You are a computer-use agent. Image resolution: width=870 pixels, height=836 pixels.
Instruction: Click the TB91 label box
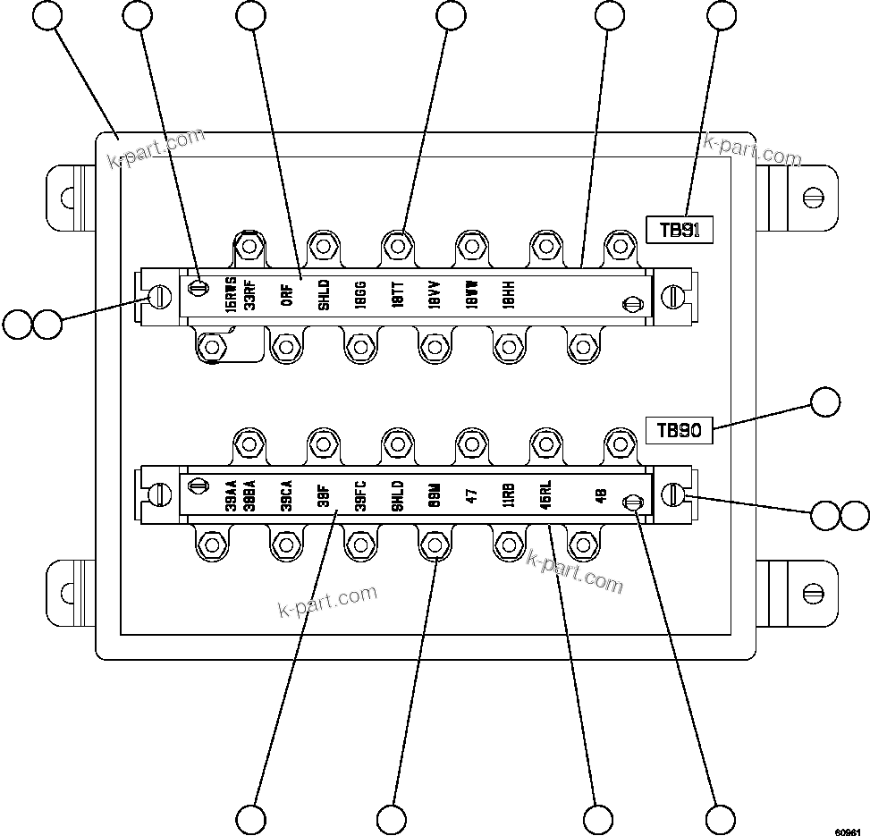[x=679, y=230]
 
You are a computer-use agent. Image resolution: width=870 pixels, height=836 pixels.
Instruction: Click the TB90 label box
[x=679, y=430]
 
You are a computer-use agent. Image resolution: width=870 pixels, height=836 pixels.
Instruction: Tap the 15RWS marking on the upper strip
[x=231, y=293]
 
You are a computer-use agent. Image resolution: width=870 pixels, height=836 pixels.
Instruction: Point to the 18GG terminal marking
[x=360, y=294]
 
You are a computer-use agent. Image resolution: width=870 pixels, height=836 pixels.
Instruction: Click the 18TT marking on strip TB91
[x=397, y=294]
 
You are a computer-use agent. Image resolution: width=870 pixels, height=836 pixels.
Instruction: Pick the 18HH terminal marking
[x=508, y=294]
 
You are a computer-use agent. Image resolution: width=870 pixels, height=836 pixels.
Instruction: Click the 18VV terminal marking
[x=434, y=294]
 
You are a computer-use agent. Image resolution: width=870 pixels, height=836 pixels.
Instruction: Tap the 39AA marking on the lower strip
[x=231, y=495]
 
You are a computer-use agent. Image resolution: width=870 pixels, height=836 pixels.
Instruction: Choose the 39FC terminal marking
[x=360, y=495]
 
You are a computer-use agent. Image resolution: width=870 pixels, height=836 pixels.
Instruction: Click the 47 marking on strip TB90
[x=471, y=495]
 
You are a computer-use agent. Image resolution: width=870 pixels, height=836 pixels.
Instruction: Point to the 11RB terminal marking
[x=508, y=495]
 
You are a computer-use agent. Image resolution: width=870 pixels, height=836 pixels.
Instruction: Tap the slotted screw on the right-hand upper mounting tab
[x=813, y=196]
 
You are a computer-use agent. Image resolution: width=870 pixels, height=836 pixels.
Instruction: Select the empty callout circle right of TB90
[x=825, y=402]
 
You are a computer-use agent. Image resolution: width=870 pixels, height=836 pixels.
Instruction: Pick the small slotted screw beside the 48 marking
[x=632, y=503]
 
